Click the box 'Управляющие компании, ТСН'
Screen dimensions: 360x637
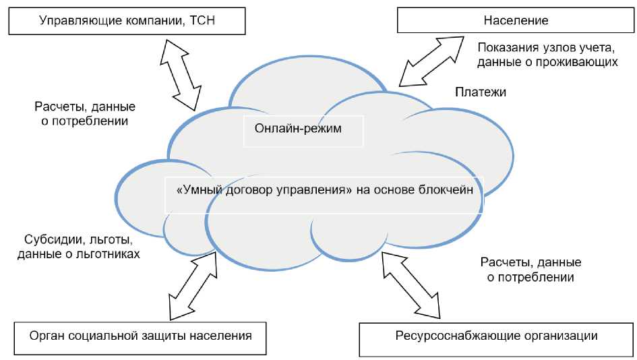126,20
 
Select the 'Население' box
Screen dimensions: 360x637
516,20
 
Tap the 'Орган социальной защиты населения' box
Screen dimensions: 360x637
140,335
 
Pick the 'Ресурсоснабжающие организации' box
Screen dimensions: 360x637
497,336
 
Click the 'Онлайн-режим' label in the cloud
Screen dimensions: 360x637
298,129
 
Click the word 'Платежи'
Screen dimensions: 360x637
480,92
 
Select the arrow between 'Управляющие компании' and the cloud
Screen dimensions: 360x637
180,73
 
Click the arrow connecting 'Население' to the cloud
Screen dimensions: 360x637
431,61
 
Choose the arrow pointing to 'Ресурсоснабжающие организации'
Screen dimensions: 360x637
411,284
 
